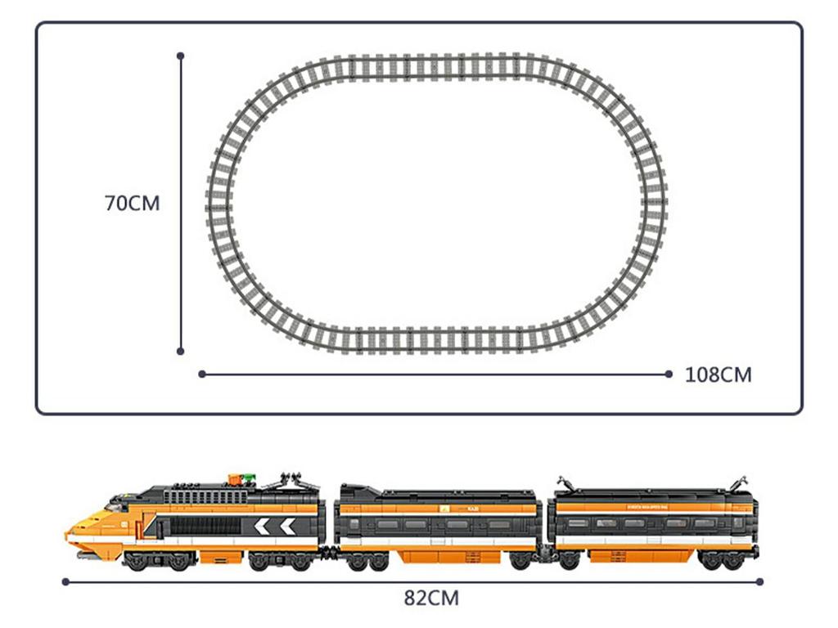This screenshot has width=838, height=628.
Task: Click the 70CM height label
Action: [133, 204]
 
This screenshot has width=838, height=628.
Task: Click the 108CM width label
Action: [718, 375]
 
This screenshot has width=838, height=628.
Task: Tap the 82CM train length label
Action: [431, 598]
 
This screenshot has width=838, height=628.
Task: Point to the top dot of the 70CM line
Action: [180, 56]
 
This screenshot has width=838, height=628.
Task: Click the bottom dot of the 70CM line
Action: [180, 351]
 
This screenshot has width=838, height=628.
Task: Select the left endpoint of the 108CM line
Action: [202, 375]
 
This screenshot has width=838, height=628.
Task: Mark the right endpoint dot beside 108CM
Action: [669, 375]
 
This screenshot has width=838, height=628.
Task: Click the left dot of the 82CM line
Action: [65, 581]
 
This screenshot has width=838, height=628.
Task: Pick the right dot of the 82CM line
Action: [760, 581]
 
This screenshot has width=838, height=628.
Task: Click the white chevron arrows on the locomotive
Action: [274, 527]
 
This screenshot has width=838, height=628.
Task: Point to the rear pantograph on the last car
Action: [739, 482]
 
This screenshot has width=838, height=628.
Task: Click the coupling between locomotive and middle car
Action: [329, 552]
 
